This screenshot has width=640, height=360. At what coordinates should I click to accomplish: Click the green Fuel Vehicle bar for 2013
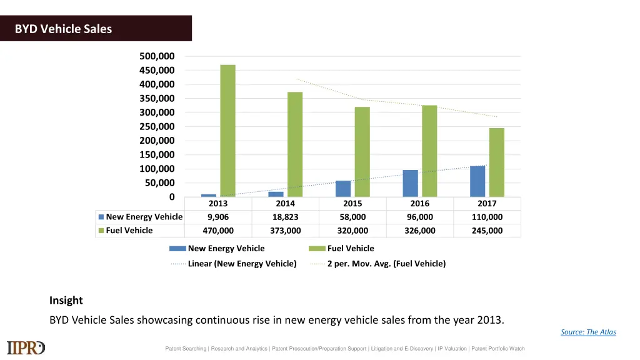(227, 131)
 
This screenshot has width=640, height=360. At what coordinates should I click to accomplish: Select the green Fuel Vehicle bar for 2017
(496, 162)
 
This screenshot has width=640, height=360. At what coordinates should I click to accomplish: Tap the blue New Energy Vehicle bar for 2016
(410, 183)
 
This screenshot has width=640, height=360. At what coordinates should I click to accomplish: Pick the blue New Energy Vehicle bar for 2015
(343, 189)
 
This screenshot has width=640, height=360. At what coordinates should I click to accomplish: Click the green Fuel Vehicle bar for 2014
(295, 144)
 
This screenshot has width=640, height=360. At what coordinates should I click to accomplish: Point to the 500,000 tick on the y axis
(157, 56)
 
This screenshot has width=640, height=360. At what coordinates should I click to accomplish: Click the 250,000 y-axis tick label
(157, 127)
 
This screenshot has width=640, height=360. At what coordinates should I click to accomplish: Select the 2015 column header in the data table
(352, 204)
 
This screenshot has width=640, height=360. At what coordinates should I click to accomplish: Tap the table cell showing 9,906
(218, 217)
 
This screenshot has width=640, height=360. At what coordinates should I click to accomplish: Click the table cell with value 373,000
(285, 231)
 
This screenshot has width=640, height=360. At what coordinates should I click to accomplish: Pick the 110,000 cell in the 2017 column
(487, 217)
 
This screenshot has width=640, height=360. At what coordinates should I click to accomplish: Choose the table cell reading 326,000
(419, 231)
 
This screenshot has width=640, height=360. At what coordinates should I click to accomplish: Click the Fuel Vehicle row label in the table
(129, 231)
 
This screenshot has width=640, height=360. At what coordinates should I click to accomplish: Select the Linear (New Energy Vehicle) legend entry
(241, 264)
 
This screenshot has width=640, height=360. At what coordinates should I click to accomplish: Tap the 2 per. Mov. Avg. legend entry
(386, 264)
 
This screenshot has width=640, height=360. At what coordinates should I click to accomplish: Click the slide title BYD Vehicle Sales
(64, 29)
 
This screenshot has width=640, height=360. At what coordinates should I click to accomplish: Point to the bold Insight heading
(66, 301)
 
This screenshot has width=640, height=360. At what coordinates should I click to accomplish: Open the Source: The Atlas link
(588, 332)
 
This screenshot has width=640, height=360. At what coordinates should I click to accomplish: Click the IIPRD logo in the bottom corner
(26, 348)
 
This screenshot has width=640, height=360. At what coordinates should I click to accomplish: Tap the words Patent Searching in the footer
(185, 349)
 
